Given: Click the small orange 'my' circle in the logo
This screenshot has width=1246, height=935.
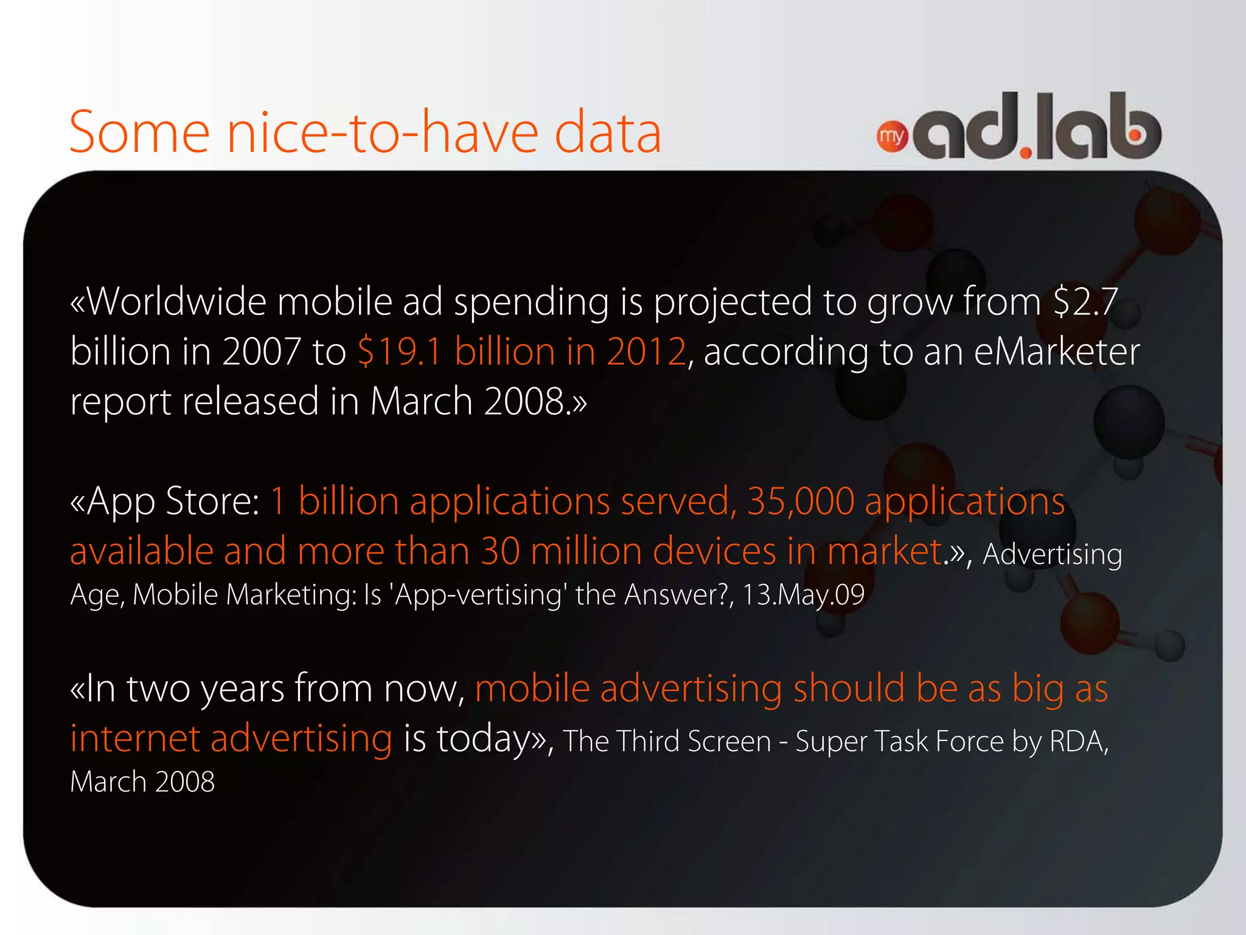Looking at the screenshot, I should coord(892,136).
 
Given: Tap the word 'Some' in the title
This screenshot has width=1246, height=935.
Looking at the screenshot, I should coord(139,133).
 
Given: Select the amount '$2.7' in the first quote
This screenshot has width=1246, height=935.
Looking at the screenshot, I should coord(1085,302).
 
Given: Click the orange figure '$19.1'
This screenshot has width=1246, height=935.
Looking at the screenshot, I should coord(399,352).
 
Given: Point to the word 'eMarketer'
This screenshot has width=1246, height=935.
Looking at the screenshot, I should coord(1056,352).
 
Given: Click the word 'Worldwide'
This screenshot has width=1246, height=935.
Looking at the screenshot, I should coord(176,302).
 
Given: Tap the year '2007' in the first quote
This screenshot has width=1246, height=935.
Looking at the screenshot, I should coord(261,352).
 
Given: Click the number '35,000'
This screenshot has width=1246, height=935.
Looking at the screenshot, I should coord(801,501).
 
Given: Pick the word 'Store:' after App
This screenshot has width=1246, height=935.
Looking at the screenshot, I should coord(212,501).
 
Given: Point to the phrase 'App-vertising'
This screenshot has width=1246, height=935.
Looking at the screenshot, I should coord(478,594).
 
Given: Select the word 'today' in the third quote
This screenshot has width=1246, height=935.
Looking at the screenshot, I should coord(484,739).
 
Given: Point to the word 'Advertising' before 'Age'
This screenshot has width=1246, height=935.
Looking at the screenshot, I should coord(1052,554).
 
